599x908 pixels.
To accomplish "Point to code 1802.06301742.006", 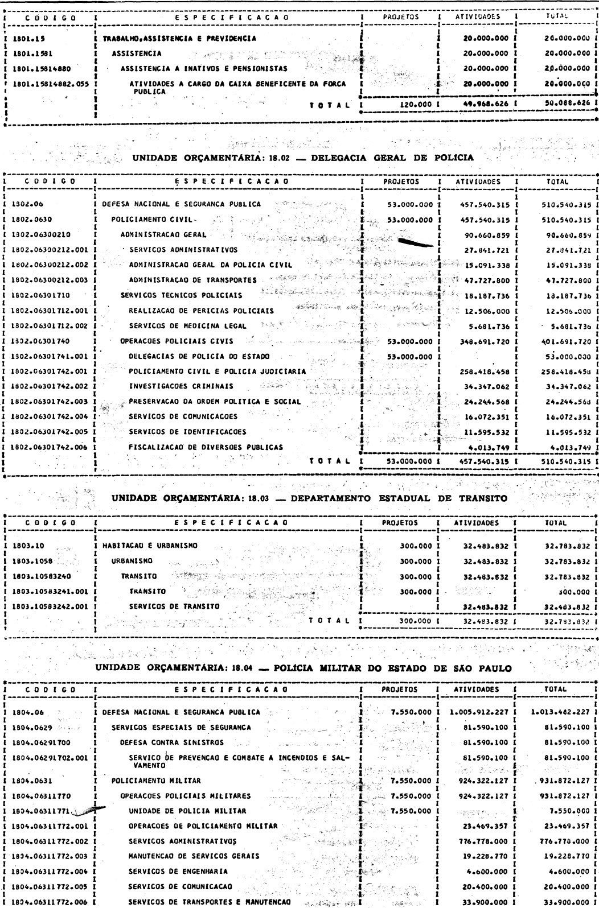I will point(49,447).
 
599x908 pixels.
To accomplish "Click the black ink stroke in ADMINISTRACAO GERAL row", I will point(418,243).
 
